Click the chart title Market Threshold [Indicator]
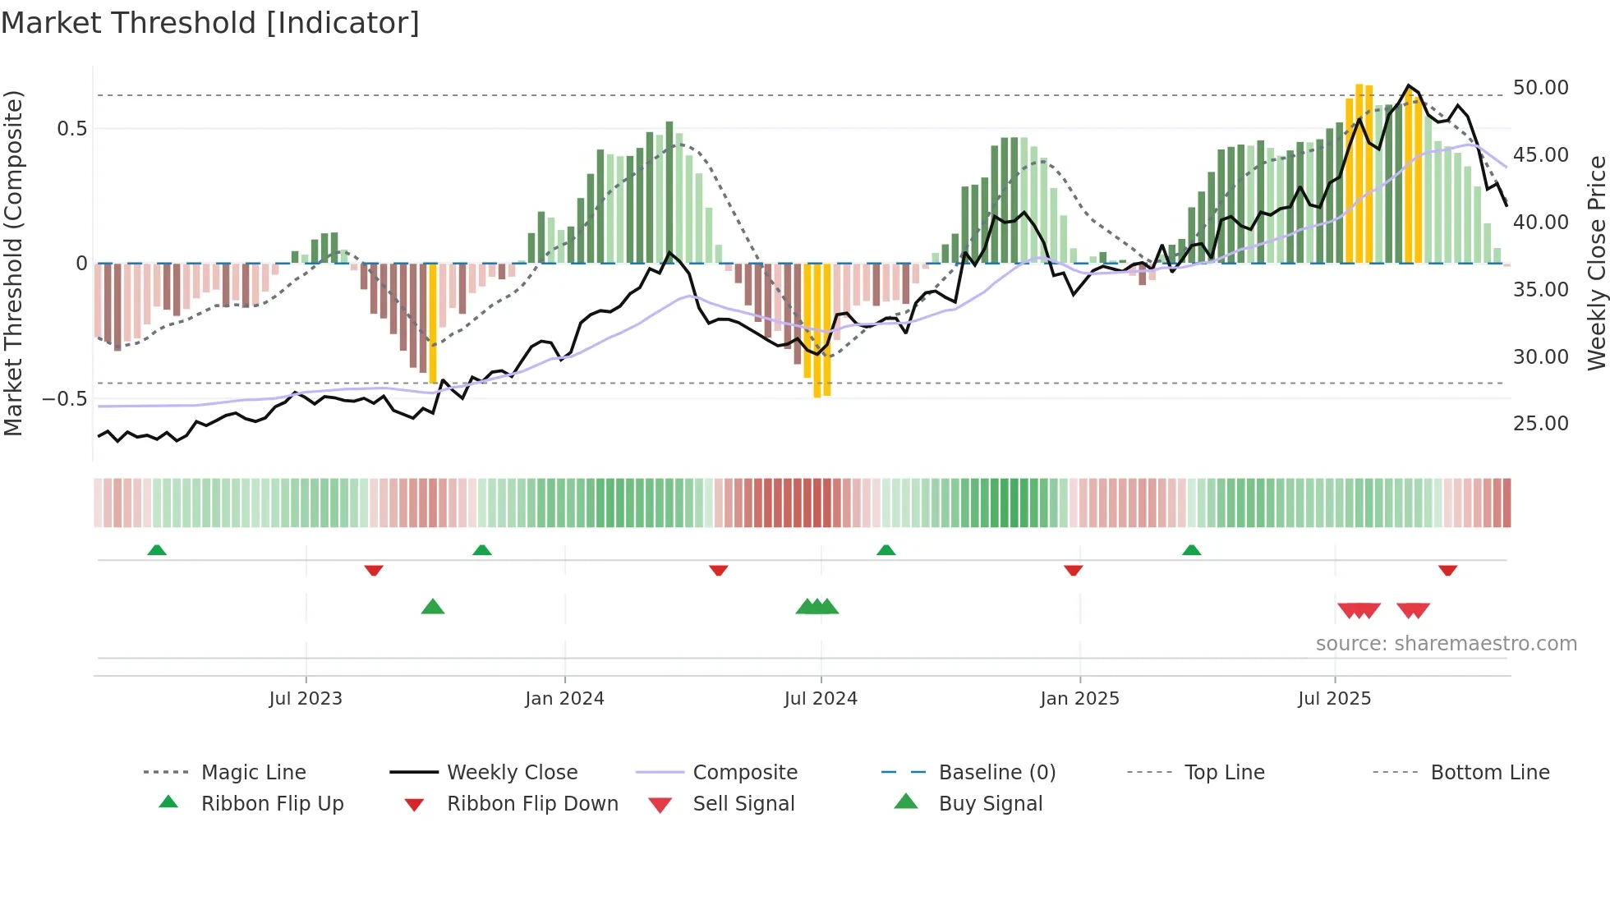(x=210, y=23)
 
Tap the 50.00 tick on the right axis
(x=1540, y=88)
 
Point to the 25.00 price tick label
(x=1540, y=424)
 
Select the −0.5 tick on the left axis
(x=65, y=399)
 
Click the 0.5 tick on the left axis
(x=71, y=129)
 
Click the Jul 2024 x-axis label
(x=821, y=699)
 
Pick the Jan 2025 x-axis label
(x=1079, y=699)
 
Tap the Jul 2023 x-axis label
(x=306, y=699)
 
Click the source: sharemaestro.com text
(x=1446, y=644)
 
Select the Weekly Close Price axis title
(x=1596, y=263)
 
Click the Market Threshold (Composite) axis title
(x=13, y=263)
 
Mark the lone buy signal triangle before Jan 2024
(x=433, y=607)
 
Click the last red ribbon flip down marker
(x=1447, y=570)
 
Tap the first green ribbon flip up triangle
(x=157, y=549)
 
